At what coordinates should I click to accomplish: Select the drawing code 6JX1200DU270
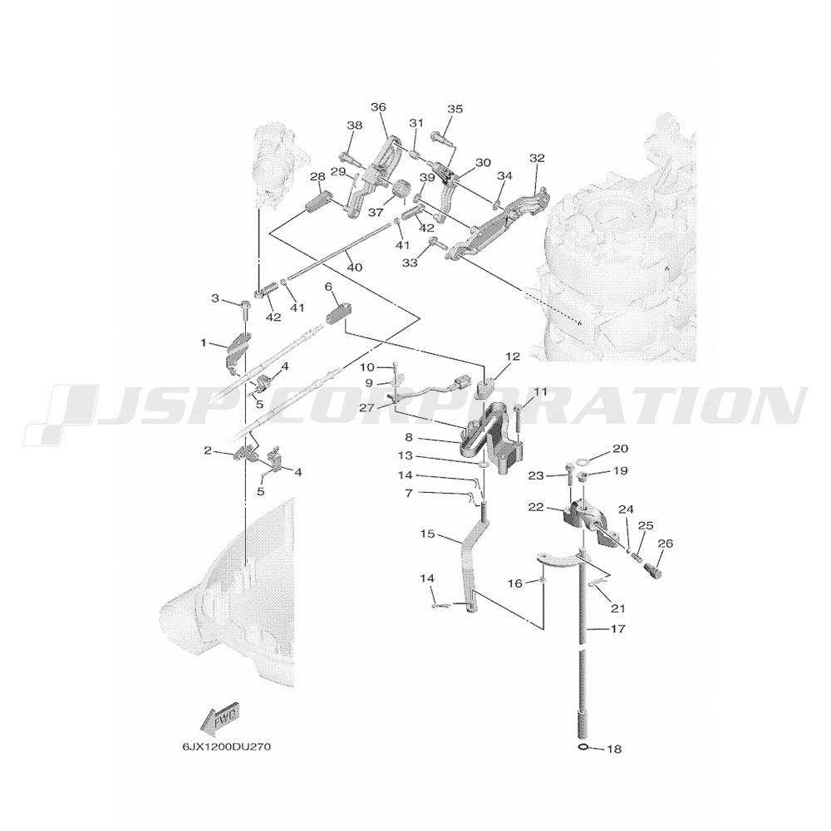[227, 747]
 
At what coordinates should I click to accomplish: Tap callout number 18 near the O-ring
[615, 750]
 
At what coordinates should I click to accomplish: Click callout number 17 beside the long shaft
[618, 629]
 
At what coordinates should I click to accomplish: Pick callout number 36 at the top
[378, 107]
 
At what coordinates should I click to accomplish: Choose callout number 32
[537, 158]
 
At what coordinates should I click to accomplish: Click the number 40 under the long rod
[355, 268]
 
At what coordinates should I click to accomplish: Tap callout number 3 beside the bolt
[215, 299]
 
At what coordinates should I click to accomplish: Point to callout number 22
[536, 507]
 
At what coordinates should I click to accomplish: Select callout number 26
[666, 543]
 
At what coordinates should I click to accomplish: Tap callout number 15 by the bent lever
[428, 534]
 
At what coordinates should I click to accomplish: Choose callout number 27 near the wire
[381, 407]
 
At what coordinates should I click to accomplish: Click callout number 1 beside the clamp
[204, 343]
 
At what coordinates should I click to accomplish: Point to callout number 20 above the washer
[621, 449]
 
